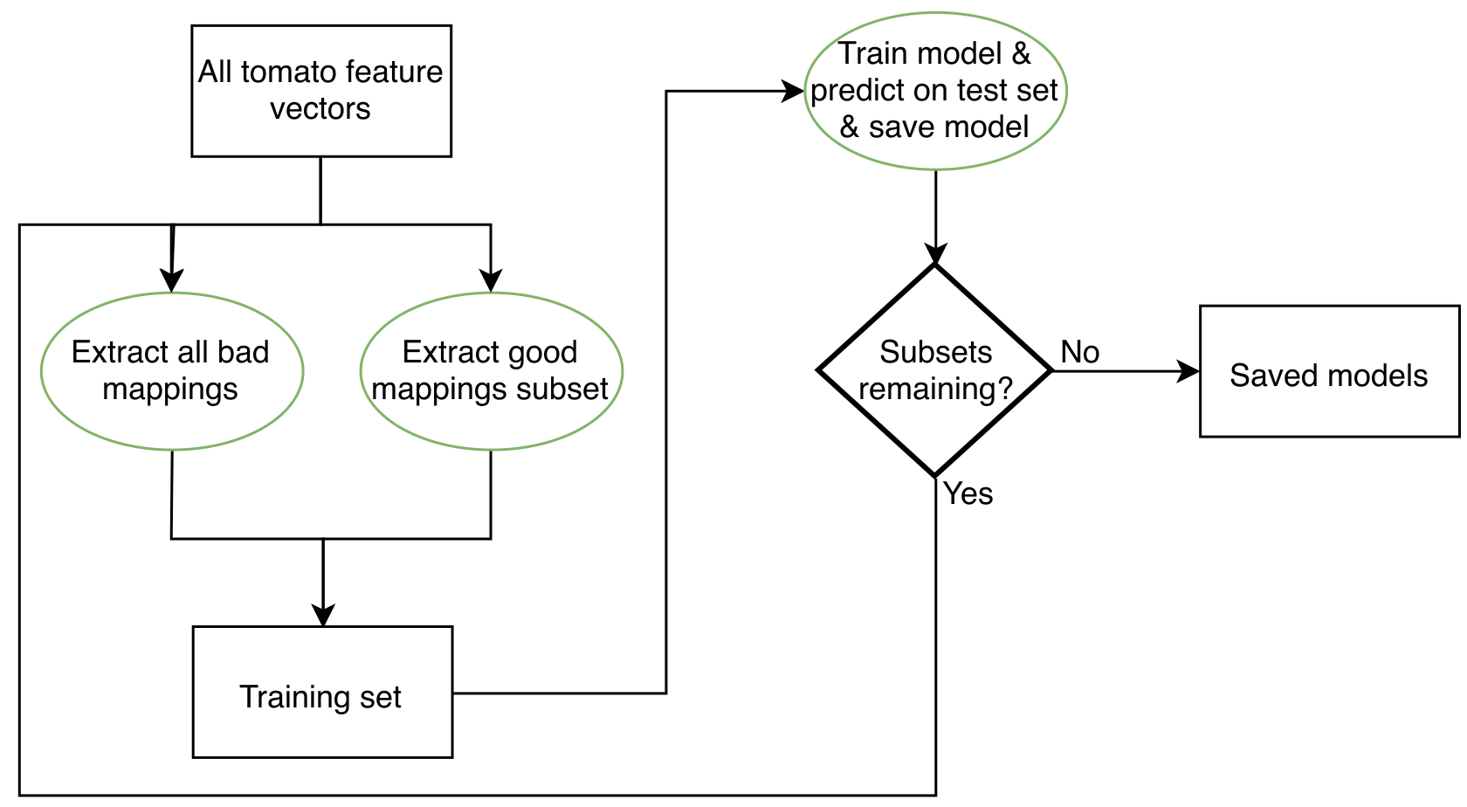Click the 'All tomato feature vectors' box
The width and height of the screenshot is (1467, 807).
click(321, 91)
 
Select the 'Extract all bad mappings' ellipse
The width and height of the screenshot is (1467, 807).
click(172, 371)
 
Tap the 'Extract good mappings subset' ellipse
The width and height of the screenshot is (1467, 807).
click(491, 371)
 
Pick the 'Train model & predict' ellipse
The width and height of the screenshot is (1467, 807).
click(935, 91)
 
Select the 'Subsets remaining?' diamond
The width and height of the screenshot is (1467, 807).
click(935, 370)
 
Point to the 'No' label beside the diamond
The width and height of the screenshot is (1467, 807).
click(1080, 352)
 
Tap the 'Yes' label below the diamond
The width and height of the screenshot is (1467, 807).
click(968, 493)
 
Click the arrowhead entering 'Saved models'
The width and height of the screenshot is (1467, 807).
click(1190, 371)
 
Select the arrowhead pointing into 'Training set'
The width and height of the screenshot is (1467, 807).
click(323, 616)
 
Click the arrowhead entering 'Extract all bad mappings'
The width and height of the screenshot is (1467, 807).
click(172, 281)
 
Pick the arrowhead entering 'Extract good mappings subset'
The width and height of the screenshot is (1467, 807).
click(491, 281)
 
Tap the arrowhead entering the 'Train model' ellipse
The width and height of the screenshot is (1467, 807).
click(793, 91)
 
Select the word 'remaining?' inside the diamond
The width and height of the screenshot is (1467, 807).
click(935, 389)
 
